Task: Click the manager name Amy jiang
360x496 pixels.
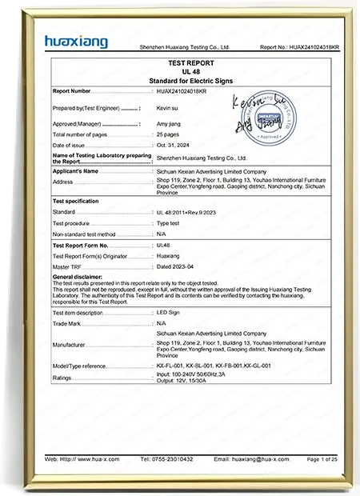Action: [x=168, y=124]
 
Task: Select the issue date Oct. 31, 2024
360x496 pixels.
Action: [x=172, y=146]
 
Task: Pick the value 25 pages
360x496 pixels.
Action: [x=168, y=134]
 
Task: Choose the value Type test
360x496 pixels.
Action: [x=169, y=222]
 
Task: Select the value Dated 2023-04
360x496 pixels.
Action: [x=176, y=265]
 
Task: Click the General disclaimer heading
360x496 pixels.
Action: [x=80, y=277]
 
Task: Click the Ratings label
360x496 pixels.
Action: [x=62, y=378]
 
